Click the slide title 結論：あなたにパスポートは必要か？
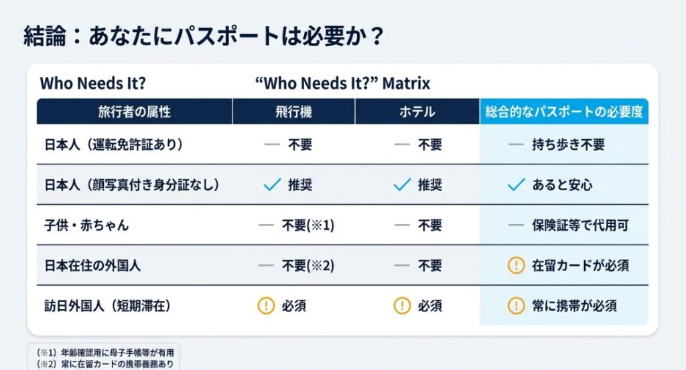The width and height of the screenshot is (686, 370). click(204, 35)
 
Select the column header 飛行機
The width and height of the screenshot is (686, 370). click(293, 112)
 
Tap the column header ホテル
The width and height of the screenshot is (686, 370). click(417, 112)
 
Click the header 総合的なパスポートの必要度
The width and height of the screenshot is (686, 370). click(563, 112)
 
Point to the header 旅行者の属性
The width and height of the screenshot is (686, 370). click(134, 112)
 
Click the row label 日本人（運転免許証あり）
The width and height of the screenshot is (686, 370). click(113, 145)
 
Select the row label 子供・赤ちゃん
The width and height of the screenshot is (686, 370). click(86, 225)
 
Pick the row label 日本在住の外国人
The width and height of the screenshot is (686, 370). click(92, 266)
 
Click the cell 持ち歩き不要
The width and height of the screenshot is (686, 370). click(569, 145)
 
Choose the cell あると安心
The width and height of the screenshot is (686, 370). click(562, 185)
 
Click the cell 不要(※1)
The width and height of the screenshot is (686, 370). click(307, 225)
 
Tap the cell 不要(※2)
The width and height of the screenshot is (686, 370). click(307, 266)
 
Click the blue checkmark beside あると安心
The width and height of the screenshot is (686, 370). click(516, 185)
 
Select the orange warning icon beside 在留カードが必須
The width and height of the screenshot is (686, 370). click(516, 266)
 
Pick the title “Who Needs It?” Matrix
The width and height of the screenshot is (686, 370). click(343, 84)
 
